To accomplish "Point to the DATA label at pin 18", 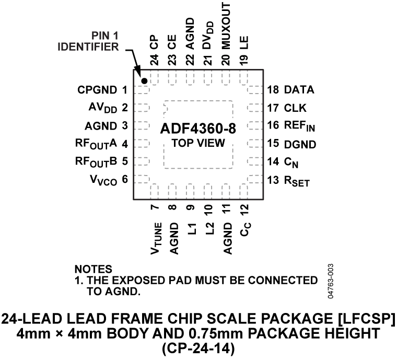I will (299, 90).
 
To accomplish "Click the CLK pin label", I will (296, 108).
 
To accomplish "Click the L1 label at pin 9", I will (191, 228).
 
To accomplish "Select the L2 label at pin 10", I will (208, 228).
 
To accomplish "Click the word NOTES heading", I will (94, 269).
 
